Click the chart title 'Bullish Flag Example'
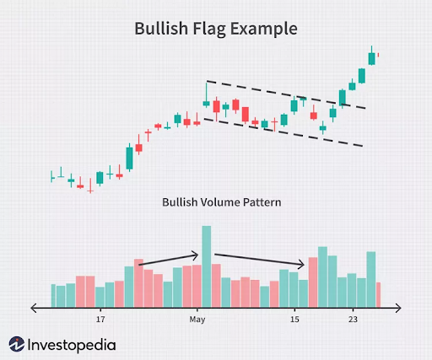tap(216, 29)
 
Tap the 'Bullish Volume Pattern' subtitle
tap(222, 202)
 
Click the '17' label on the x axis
tap(100, 320)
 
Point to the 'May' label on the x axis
tap(197, 320)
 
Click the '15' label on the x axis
tap(294, 320)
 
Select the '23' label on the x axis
tap(354, 320)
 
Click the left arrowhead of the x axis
tap(33, 308)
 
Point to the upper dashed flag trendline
tap(287, 94)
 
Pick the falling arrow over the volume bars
tap(257, 261)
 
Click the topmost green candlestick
tap(371, 58)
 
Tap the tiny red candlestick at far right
tap(379, 56)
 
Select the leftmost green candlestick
tap(52, 177)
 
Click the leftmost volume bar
tap(52, 296)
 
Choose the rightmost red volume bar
tap(379, 294)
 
